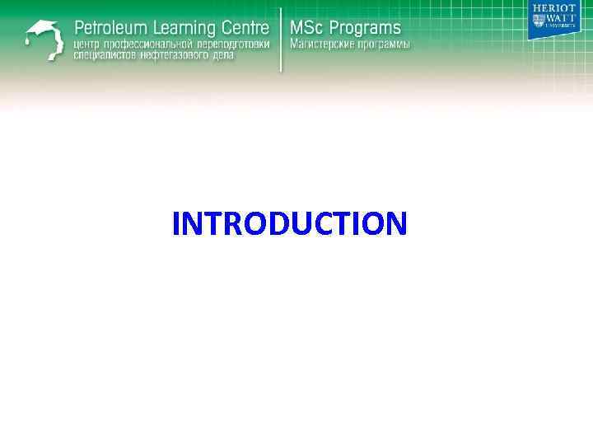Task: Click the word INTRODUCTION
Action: coord(290,223)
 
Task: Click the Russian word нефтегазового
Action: coord(175,56)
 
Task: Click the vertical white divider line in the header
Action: coord(281,40)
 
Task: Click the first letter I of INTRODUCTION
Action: coord(176,223)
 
